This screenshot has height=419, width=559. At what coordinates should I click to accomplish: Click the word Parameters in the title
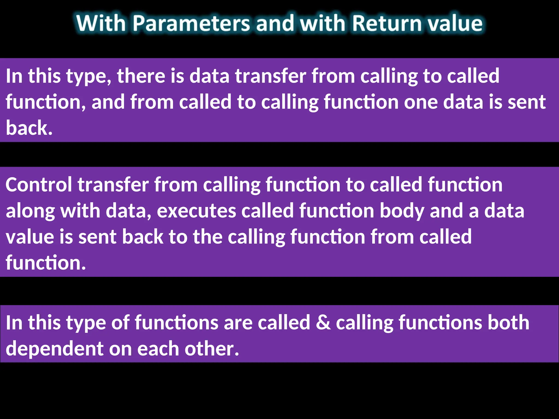pos(191,23)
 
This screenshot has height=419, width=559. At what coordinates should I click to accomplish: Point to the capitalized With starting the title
pos(101,23)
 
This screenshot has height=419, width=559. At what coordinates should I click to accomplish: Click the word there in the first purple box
pos(141,76)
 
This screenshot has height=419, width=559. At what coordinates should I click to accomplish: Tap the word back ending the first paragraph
pos(29,128)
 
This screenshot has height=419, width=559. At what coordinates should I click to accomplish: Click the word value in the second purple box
pos(30,237)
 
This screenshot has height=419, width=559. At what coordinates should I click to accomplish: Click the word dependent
pos(55,349)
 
